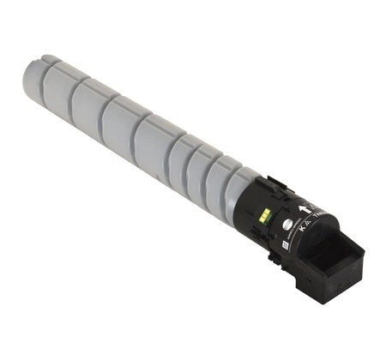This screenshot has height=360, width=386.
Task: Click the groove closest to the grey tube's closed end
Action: coord(66,81)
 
